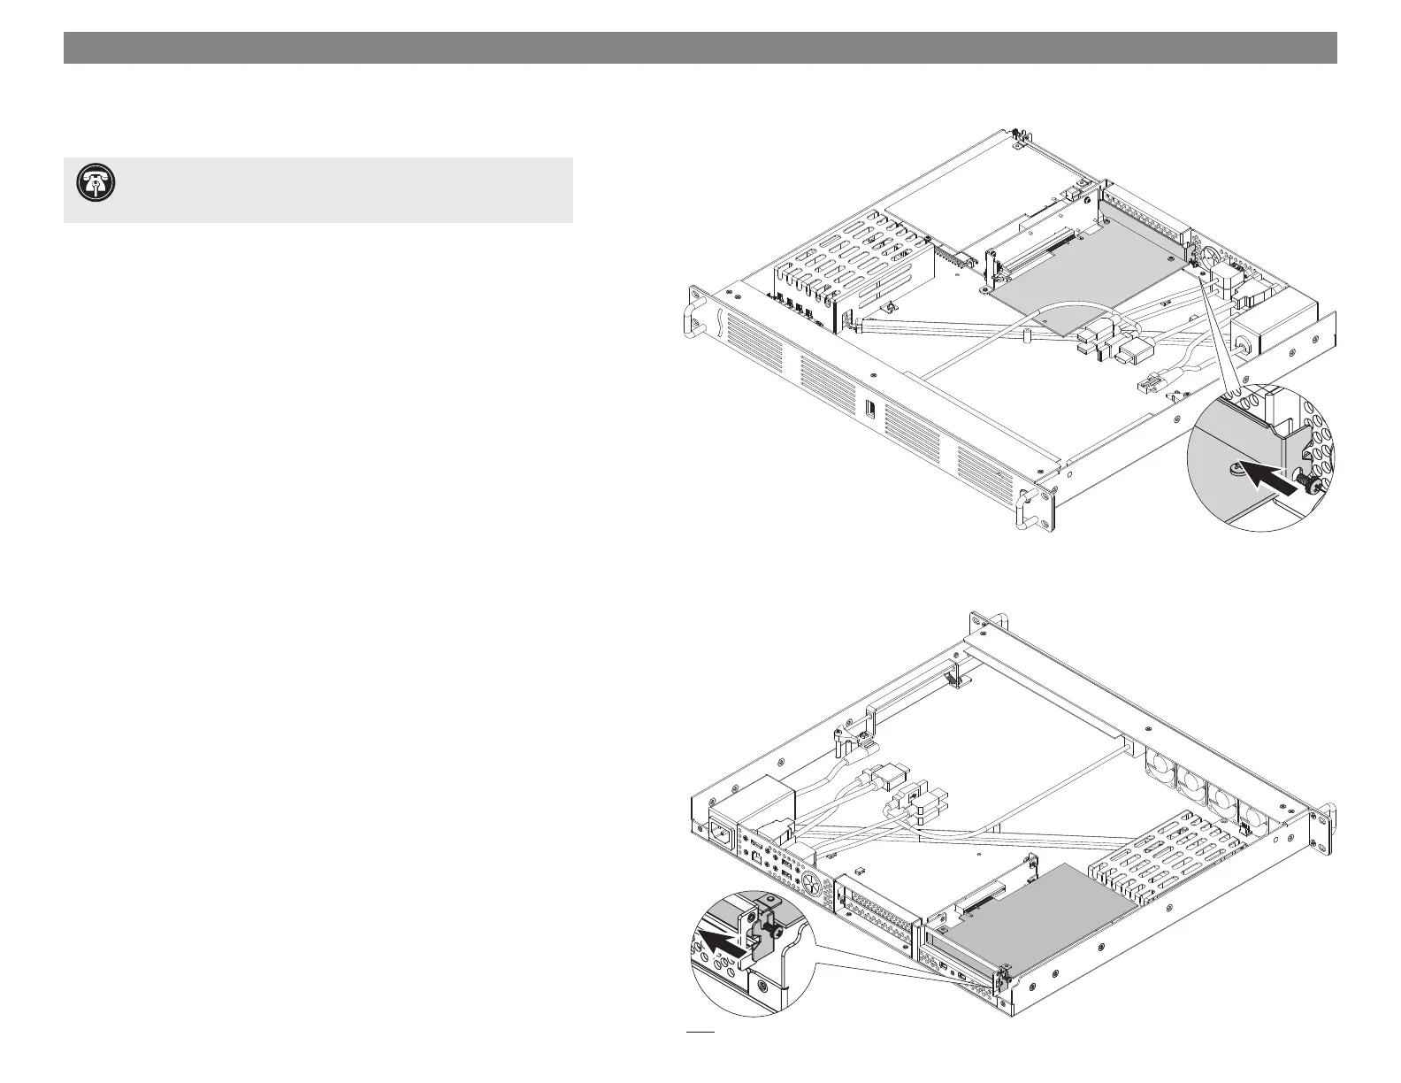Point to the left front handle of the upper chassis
[693, 318]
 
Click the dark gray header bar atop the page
[700, 48]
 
